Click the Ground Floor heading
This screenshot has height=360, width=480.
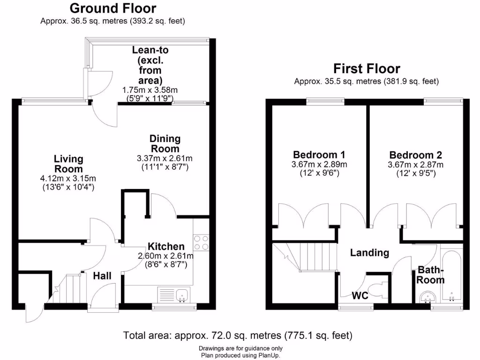tap(113, 8)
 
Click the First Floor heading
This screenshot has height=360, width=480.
tap(367, 69)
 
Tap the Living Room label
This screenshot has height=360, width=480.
tap(68, 164)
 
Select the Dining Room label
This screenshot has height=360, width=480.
tap(165, 143)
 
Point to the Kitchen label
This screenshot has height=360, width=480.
tap(166, 247)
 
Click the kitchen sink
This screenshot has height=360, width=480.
tap(180, 294)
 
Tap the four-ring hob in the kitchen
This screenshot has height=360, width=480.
tap(201, 241)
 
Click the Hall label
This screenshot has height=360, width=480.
tap(102, 276)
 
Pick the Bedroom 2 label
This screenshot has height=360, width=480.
tap(415, 155)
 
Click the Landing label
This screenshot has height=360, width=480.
tap(370, 253)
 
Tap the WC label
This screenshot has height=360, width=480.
tap(360, 296)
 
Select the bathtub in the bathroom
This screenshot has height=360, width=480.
tap(451, 277)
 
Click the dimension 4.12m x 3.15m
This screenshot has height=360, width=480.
tap(68, 178)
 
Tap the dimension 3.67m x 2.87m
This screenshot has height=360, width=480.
tap(415, 165)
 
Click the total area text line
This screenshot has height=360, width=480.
tap(238, 336)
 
